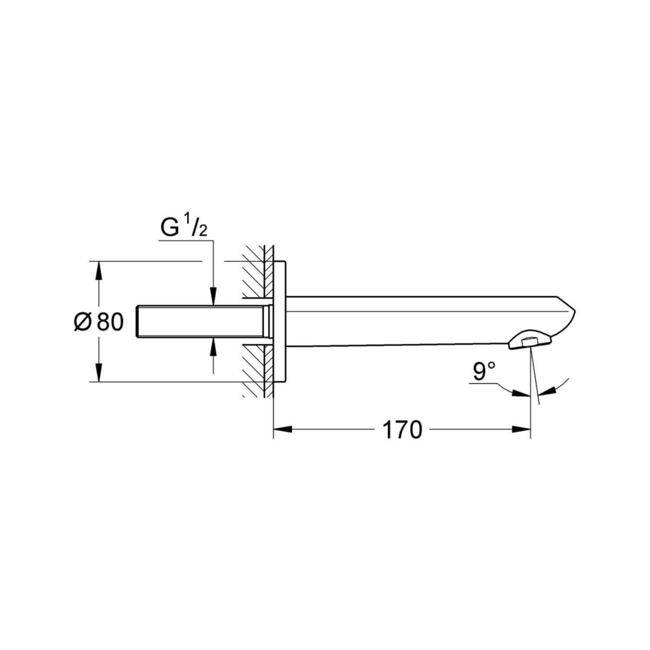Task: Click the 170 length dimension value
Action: click(x=401, y=430)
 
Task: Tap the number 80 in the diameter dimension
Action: click(x=111, y=322)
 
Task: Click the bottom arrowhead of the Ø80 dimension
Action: click(x=98, y=373)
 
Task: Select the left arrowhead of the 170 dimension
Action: click(x=282, y=430)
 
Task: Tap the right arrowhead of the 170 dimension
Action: click(x=521, y=430)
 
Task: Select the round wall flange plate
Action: click(x=280, y=322)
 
